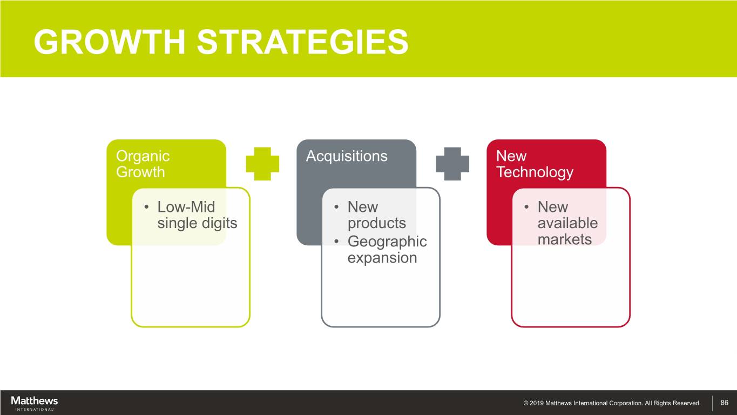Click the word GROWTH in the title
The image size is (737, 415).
coord(110,42)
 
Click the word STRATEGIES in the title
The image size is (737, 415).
coord(303,42)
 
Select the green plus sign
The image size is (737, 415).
coord(262,164)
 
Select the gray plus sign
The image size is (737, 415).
coord(452,164)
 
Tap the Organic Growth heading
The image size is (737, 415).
coord(143,164)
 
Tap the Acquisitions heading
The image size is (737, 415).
coord(347,156)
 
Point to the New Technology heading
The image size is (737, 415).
coord(535,164)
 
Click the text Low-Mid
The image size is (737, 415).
coord(186,207)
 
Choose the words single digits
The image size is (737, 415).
coord(197,223)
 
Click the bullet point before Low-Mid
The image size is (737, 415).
coord(146,207)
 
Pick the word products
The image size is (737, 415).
coord(377,224)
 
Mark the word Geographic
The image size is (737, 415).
coord(387,242)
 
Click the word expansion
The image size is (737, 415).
coord(382,258)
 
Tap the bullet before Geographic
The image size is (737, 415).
coord(336,242)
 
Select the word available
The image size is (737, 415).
coord(567,223)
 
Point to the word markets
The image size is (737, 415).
coord(565,239)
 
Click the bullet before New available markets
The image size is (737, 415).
coord(526,207)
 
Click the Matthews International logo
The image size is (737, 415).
coord(35,403)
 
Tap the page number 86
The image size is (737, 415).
coord(724,403)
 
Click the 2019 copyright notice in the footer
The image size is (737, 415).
coord(612,403)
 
